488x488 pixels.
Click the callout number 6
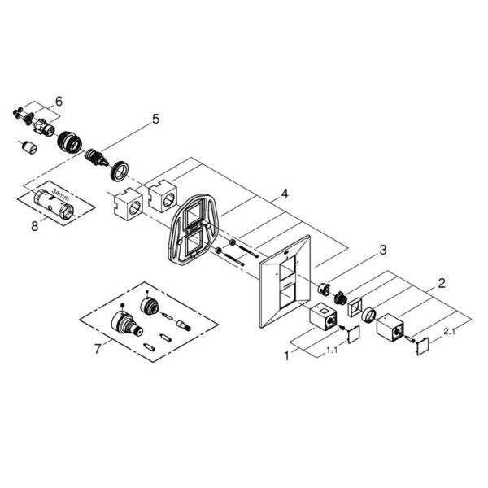click(59, 101)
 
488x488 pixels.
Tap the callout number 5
click(155, 120)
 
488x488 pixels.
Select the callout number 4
click(285, 194)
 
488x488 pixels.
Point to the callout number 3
click(382, 250)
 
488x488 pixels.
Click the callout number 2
click(442, 283)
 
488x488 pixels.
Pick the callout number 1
click(287, 355)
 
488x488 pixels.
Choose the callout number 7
click(98, 349)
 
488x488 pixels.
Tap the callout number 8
click(34, 226)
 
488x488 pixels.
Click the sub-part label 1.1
click(332, 350)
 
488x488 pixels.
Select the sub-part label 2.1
click(450, 332)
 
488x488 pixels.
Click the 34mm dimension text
click(60, 194)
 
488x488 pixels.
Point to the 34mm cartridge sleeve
click(53, 205)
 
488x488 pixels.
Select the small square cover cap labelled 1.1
click(354, 334)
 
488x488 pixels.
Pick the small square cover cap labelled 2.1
click(422, 346)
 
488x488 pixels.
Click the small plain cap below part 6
click(30, 147)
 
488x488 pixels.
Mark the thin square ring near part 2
click(355, 307)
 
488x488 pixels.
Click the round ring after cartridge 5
click(119, 171)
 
